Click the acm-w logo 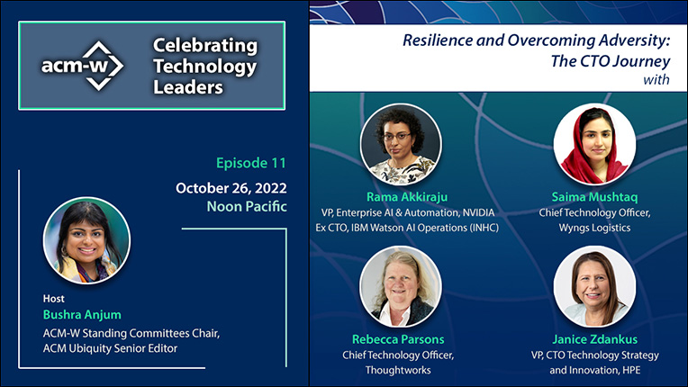(83, 66)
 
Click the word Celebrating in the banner (205, 47)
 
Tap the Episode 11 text (251, 163)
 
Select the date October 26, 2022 (231, 188)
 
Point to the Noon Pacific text (247, 206)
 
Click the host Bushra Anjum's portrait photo (86, 240)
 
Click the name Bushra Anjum (82, 315)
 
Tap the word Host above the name (53, 299)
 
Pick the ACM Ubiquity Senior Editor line (110, 348)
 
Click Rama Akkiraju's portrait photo (401, 144)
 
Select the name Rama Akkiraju (407, 197)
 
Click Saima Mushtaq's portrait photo (594, 144)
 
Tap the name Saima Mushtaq (594, 197)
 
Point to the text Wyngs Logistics (594, 228)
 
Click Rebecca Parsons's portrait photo (401, 286)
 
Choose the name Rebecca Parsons (398, 339)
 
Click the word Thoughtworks (398, 370)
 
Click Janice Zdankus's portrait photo (594, 286)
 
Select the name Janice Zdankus (594, 339)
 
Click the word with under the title (656, 79)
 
